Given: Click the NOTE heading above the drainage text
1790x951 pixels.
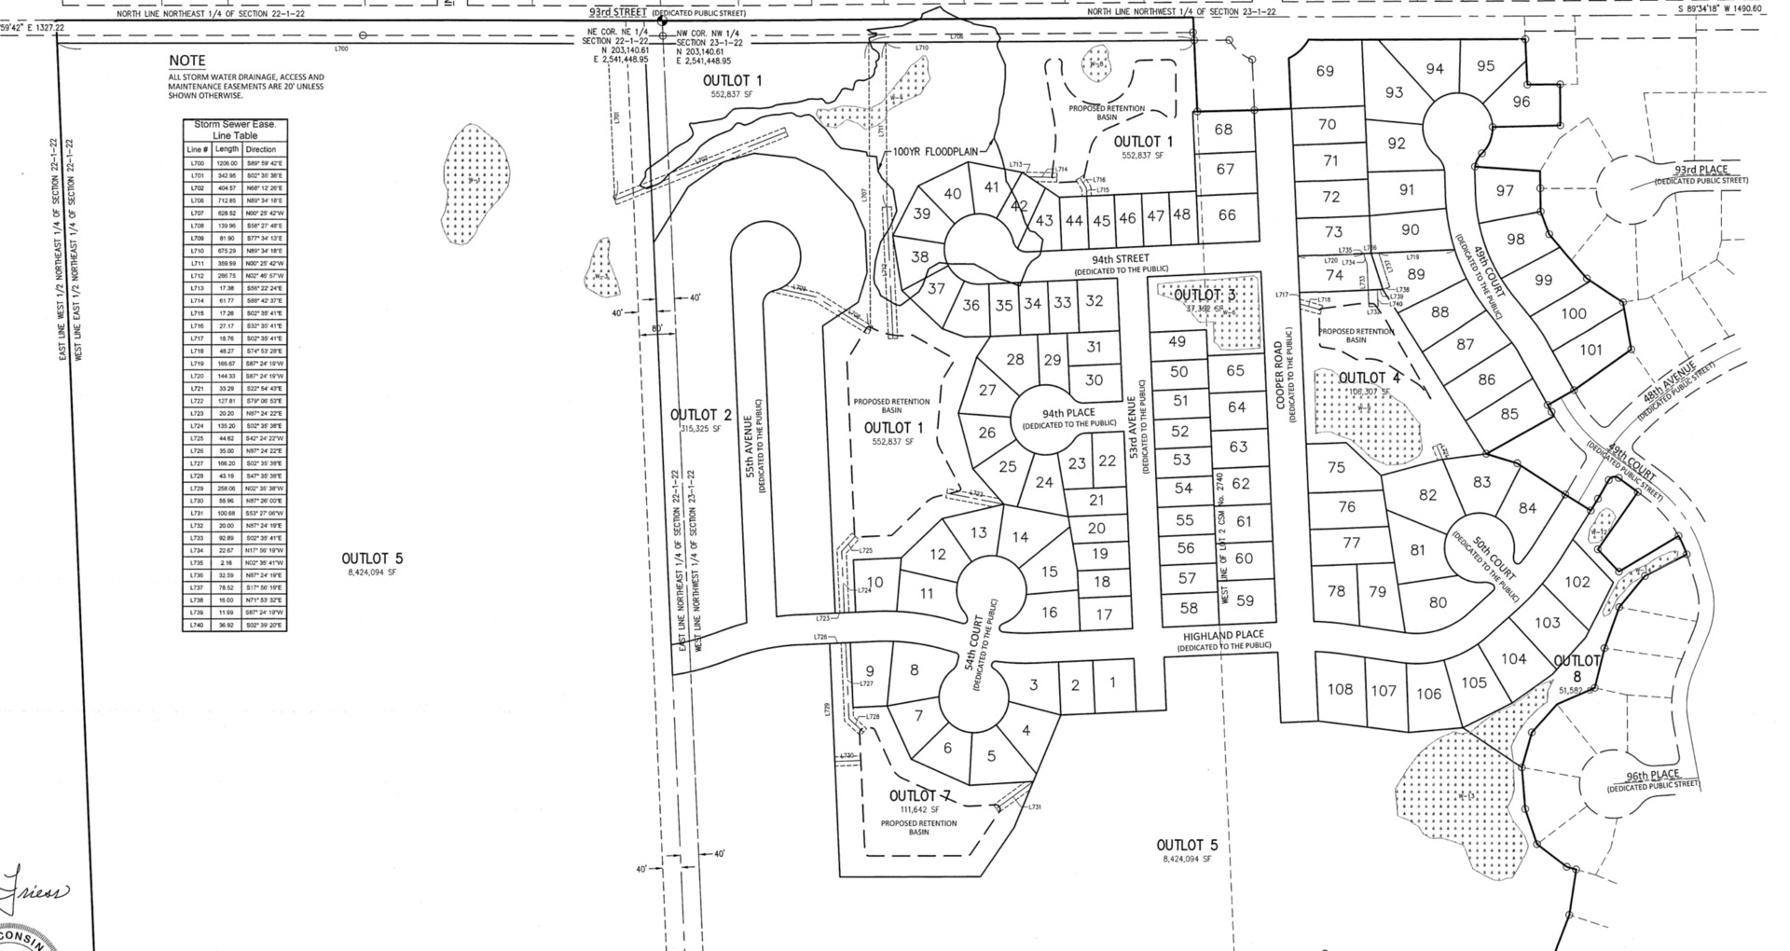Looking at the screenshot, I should [x=186, y=62].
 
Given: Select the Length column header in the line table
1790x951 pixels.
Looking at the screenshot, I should [x=227, y=149].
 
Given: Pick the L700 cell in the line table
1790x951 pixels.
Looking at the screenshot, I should [x=197, y=163].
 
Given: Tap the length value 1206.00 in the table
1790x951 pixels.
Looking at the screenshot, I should [x=227, y=163].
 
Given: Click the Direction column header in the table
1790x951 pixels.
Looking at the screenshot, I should [x=261, y=149].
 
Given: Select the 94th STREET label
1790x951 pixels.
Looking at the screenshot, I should [x=1120, y=259].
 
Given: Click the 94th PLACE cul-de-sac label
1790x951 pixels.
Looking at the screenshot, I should [x=1068, y=413].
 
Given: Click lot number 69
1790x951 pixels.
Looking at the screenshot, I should [x=1325, y=71].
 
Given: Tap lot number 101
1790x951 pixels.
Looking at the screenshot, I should [x=1590, y=351].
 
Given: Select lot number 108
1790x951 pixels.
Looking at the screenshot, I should [x=1340, y=690].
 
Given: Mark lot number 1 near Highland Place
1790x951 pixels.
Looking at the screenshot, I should [x=1112, y=682].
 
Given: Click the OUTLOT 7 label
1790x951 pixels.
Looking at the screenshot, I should [x=919, y=796].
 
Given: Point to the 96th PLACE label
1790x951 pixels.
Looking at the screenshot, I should [x=1652, y=776].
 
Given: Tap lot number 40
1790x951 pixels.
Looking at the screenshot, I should [x=952, y=194].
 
